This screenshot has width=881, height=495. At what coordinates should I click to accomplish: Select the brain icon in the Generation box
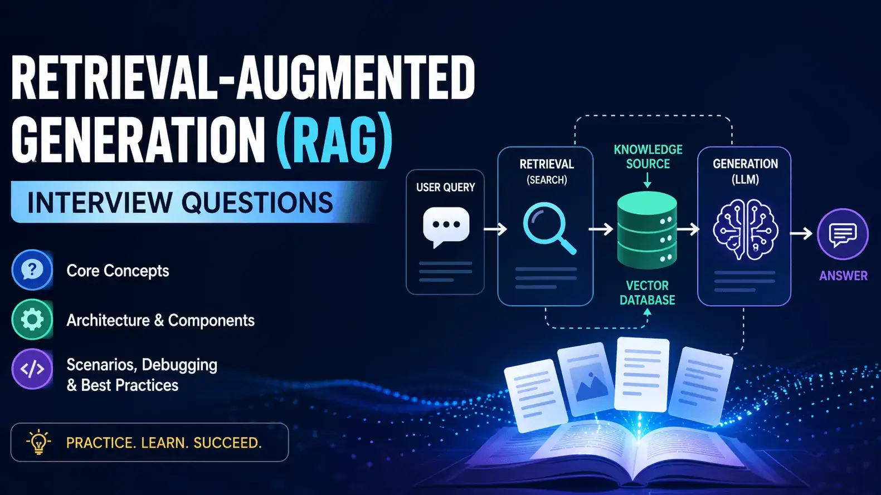pos(745,229)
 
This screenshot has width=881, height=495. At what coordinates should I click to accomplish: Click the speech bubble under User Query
pos(446,226)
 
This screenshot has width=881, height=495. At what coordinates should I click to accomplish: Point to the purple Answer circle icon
pos(842,234)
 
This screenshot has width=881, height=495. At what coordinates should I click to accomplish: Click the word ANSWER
pos(843,276)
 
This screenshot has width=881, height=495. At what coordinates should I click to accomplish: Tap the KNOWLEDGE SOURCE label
pos(648,156)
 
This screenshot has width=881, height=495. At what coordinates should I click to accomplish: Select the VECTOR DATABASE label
pos(647,292)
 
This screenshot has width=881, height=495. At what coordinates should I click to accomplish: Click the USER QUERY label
pos(445,188)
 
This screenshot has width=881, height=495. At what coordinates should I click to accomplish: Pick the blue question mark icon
pos(32,270)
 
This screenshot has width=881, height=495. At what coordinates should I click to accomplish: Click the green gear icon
pos(32,320)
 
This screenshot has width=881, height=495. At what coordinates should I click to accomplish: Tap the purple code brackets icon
pos(32,369)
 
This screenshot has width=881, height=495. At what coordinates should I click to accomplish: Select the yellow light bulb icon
pos(38,443)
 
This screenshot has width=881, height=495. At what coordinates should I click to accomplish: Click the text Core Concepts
pos(118,271)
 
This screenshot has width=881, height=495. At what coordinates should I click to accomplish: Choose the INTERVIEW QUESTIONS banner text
pos(180,202)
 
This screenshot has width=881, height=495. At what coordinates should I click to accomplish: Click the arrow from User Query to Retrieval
pos(495,229)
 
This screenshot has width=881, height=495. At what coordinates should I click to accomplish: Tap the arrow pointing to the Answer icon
pos(801,234)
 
